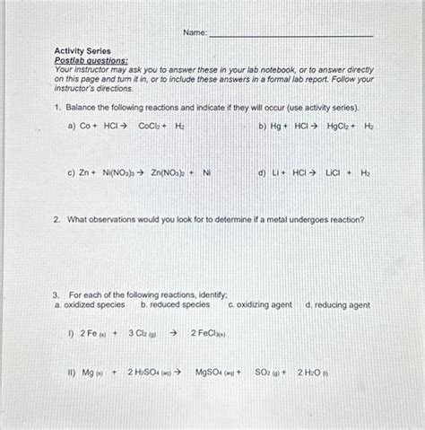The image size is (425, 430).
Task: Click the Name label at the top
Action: click(x=195, y=33)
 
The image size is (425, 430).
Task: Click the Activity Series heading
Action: click(x=82, y=52)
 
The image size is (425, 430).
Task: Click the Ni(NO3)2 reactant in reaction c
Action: click(x=116, y=172)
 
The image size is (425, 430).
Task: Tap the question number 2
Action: click(x=56, y=219)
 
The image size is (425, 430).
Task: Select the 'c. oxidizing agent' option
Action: click(x=261, y=305)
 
